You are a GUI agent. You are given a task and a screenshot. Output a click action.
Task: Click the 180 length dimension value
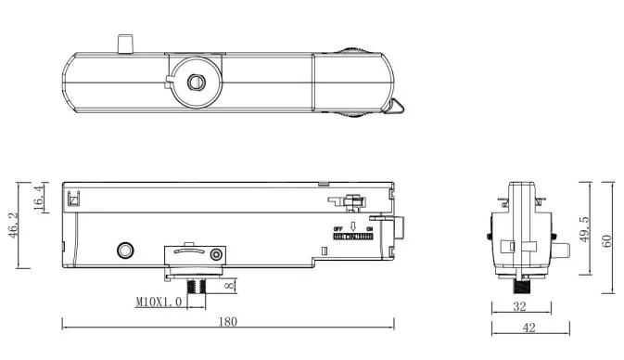[x=228, y=321]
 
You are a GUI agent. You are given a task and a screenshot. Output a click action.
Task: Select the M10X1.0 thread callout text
[x=158, y=302]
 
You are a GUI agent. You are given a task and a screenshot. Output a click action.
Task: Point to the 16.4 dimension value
[x=39, y=198]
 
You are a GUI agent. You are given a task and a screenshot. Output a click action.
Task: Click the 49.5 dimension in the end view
[x=585, y=228]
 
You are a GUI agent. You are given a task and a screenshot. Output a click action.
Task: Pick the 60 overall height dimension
[x=607, y=239]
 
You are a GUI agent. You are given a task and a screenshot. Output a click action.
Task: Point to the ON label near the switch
[x=370, y=228]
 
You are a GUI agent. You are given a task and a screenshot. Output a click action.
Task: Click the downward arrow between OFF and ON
[x=354, y=227]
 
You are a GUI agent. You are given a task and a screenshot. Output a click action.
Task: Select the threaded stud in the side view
[x=196, y=285]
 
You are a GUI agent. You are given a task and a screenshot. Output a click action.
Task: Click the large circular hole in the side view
[x=123, y=251]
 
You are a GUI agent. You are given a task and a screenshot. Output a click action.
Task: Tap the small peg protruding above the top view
[x=125, y=44]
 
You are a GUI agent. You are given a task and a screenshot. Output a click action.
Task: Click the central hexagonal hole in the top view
[x=196, y=83]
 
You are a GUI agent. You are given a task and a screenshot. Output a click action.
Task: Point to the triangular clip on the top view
[x=396, y=108]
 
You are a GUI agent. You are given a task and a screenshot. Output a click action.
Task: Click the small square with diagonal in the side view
[x=74, y=197]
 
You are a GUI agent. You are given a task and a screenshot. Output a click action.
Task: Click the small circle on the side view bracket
[x=217, y=253]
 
